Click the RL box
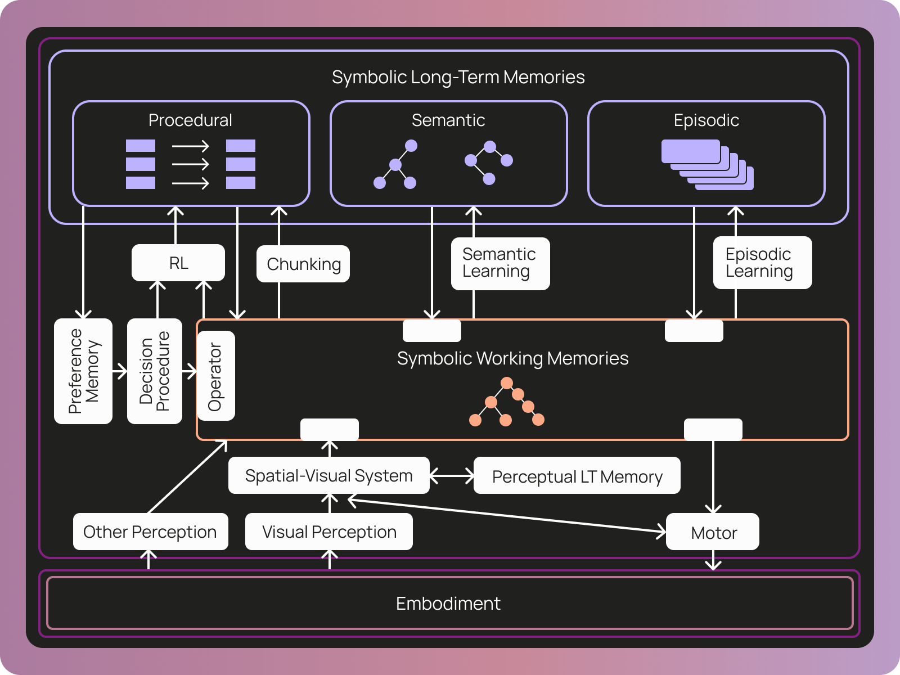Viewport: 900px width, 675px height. click(178, 263)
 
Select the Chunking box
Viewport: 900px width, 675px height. click(303, 264)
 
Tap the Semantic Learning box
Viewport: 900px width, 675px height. click(500, 263)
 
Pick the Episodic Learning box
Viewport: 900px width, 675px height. click(762, 263)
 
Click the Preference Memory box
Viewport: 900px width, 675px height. click(83, 371)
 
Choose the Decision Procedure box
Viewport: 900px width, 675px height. click(155, 371)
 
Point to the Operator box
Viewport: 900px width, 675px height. click(216, 376)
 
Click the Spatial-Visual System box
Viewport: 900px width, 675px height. click(329, 476)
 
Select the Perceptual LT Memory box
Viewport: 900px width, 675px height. click(577, 476)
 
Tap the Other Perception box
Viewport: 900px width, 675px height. click(150, 532)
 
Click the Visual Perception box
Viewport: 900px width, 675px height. click(329, 532)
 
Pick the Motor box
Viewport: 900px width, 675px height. click(713, 532)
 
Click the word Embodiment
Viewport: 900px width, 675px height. click(448, 604)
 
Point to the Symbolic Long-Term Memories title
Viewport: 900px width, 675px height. click(458, 77)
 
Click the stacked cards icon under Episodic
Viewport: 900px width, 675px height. click(708, 165)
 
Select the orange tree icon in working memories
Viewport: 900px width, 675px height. click(506, 403)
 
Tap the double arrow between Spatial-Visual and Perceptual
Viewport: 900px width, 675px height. click(452, 476)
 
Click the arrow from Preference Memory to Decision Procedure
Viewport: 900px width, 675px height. click(120, 371)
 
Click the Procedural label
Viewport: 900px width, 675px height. click(190, 120)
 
